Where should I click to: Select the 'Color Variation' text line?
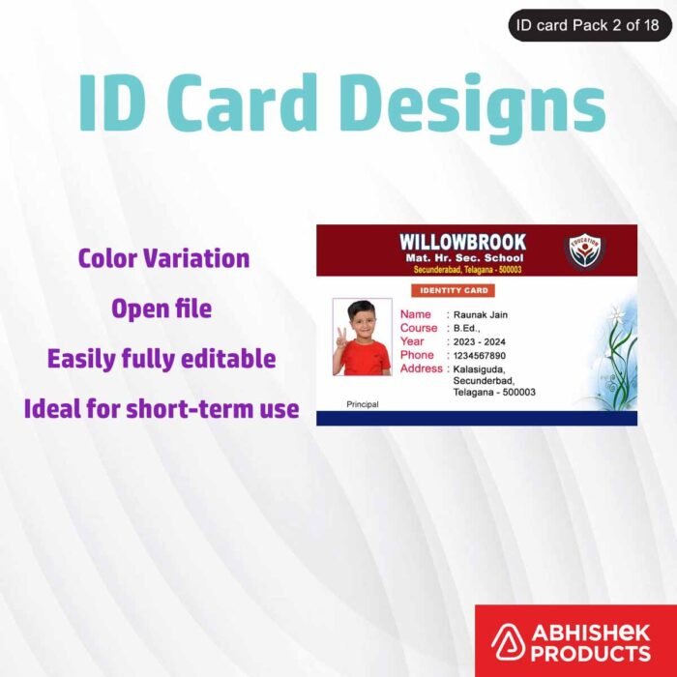click(163, 258)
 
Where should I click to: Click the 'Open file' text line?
click(162, 309)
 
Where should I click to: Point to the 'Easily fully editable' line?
click(162, 359)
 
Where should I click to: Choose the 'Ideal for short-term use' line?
click(162, 409)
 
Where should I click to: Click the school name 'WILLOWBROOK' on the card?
click(463, 242)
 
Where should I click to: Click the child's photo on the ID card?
click(362, 337)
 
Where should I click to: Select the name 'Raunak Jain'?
click(481, 314)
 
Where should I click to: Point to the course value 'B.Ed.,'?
click(468, 328)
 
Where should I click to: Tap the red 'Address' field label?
click(421, 368)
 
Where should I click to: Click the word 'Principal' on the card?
click(362, 403)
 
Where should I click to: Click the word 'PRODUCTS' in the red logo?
click(591, 655)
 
